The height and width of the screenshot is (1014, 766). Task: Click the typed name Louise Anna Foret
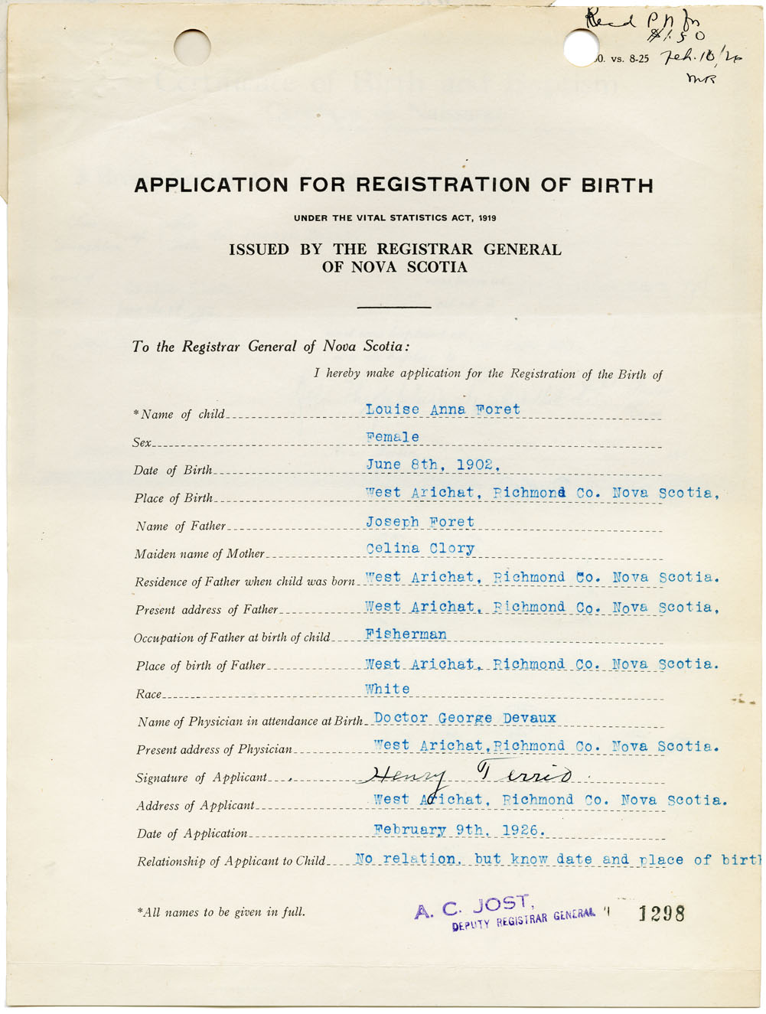pos(442,410)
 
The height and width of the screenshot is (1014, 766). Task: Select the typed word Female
pos(393,438)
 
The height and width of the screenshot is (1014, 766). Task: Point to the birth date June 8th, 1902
pos(433,465)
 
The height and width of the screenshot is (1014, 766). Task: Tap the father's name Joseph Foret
pos(420,522)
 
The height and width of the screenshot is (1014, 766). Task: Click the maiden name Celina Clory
pos(420,549)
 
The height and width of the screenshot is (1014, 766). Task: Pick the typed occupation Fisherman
pos(406,634)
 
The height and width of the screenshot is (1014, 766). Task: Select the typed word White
pos(387,689)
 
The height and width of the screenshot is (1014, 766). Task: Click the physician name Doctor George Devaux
pos(464,719)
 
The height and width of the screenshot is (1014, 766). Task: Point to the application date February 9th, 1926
pos(459,830)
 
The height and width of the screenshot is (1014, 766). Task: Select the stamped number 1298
pos(661,913)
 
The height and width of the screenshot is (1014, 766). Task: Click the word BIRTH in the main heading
pos(617,185)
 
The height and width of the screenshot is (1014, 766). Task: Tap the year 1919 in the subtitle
pos(487,218)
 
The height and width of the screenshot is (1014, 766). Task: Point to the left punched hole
pos(192,47)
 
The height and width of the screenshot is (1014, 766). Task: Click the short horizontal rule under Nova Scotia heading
pos(394,308)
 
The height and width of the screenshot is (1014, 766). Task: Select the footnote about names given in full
pos(220,912)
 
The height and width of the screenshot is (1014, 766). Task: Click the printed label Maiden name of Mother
pos(200,554)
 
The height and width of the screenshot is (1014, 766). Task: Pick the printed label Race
pos(148,695)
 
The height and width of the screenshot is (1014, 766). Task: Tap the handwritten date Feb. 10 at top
pos(690,57)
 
